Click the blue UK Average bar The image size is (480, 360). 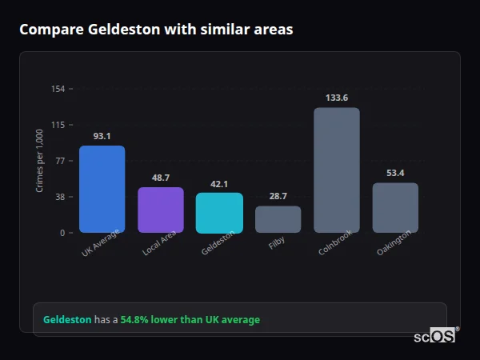pos(102,190)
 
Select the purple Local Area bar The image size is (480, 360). pos(161,210)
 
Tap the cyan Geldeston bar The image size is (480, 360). pos(219,213)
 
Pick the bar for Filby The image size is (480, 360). pos(278,219)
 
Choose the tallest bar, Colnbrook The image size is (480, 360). pos(337,170)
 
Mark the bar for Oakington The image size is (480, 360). pos(395,208)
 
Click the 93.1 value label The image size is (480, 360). pos(102,136)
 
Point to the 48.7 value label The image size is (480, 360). pos(161,178)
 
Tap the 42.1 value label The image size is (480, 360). pos(219,183)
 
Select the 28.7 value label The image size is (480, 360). pos(278,196)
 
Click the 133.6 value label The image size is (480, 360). pos(337,98)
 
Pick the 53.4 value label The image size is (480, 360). pos(395,173)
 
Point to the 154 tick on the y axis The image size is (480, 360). pos(58,89)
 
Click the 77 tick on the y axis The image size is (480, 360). pos(60,161)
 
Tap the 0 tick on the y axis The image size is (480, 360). pos(62,233)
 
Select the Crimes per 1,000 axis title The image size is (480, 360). pos(40,161)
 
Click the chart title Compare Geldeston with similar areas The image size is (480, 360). pos(156,30)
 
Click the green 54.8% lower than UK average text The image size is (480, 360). pos(190,320)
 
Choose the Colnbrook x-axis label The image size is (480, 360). pos(335,243)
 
